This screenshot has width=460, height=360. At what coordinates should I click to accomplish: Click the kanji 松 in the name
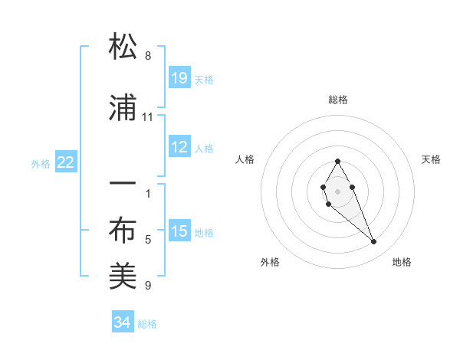coord(123,47)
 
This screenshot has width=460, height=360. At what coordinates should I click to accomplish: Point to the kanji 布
coord(123,230)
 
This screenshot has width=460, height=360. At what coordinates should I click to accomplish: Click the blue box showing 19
coord(179,78)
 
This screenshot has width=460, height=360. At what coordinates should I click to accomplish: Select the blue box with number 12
coord(179,148)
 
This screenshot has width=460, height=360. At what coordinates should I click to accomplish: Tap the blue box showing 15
coord(179,232)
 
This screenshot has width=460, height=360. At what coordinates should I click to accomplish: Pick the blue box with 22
coord(66,162)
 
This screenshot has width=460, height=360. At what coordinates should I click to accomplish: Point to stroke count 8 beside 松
coord(148,56)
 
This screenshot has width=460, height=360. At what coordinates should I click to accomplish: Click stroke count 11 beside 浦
coord(148,117)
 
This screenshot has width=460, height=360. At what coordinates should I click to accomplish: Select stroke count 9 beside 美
coord(148,286)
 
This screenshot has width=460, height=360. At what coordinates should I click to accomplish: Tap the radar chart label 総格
coord(338,100)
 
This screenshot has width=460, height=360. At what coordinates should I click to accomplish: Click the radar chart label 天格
coord(431,159)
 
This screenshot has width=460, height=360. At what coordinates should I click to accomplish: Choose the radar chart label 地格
coord(402,263)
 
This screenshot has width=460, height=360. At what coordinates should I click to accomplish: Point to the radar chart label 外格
coord(270,263)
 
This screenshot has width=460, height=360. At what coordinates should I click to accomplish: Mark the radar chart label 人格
coord(245,159)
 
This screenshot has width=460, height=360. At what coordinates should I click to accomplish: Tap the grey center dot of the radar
coord(338,190)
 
